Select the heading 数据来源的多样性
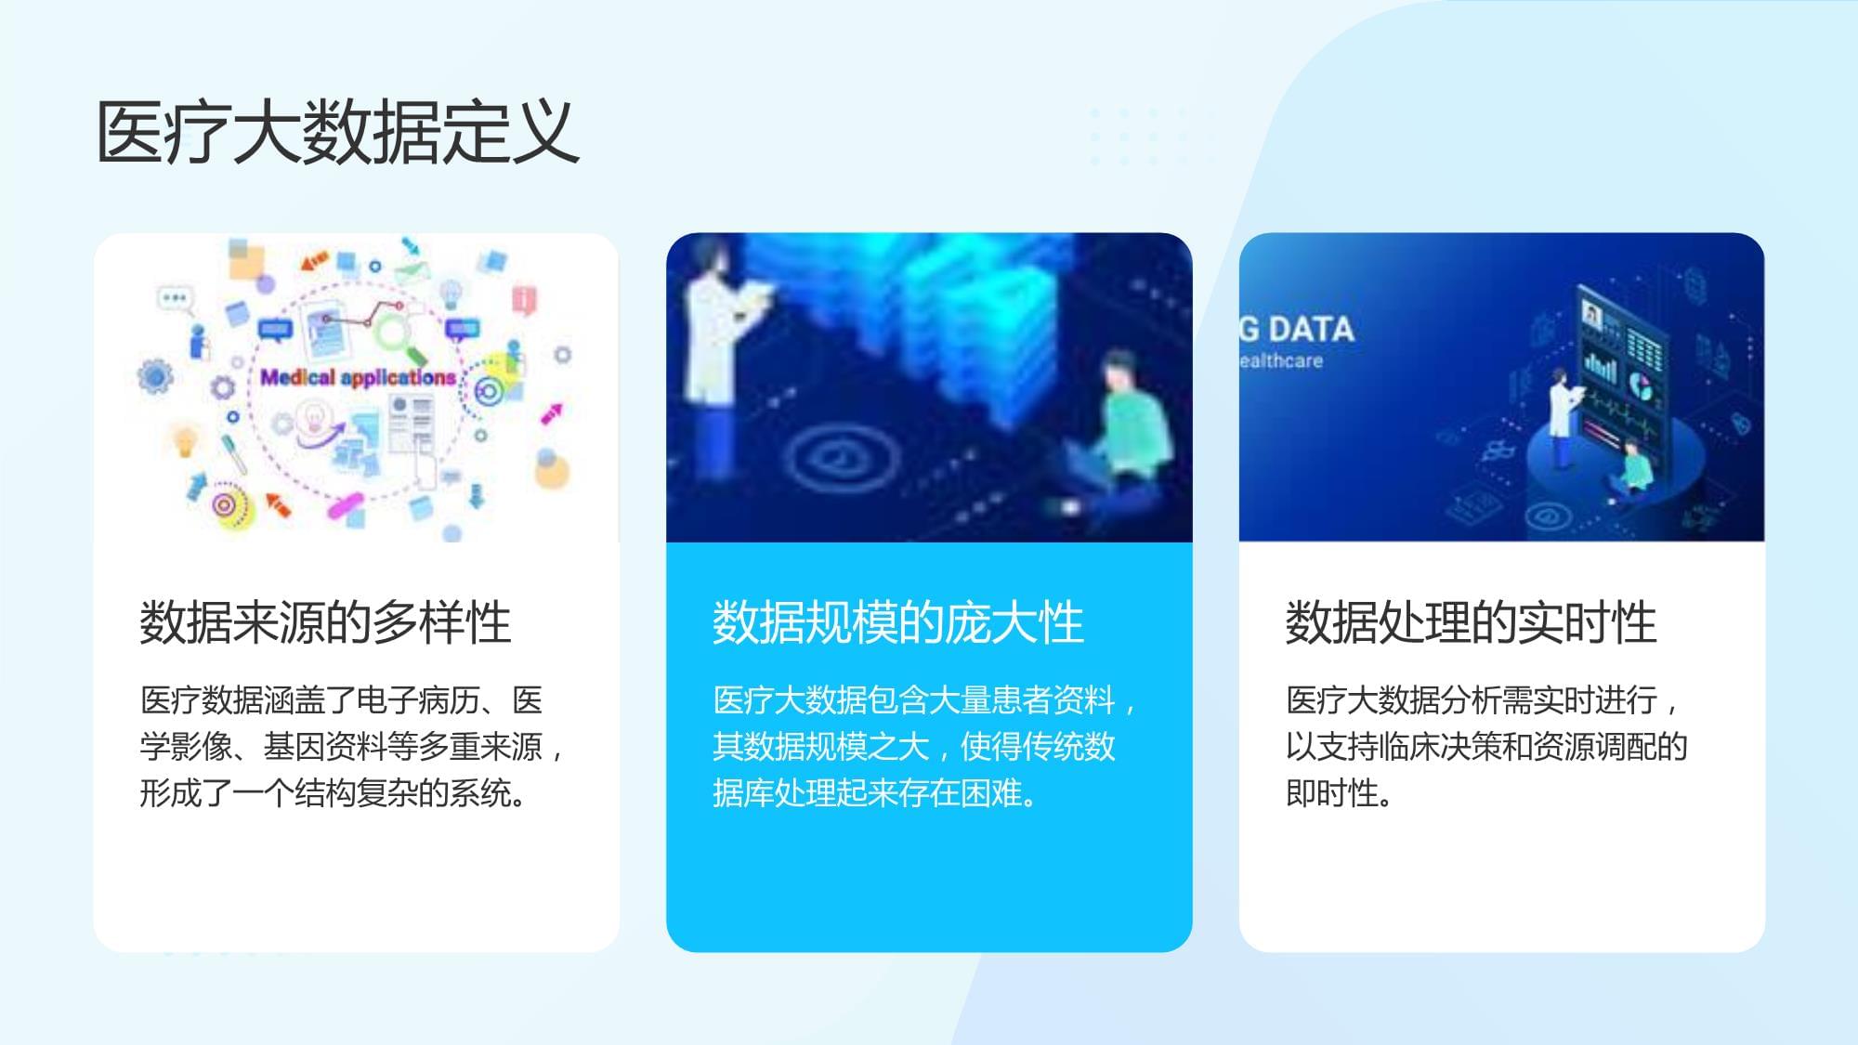325,621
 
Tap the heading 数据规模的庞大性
897,621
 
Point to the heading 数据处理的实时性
1471,621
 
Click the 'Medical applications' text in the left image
358,377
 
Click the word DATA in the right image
1311,329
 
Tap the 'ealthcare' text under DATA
1282,360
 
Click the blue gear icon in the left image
155,376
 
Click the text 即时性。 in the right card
1338,793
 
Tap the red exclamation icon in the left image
525,299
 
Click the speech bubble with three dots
174,298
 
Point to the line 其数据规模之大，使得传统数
914,747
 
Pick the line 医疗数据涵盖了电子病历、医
341,700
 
